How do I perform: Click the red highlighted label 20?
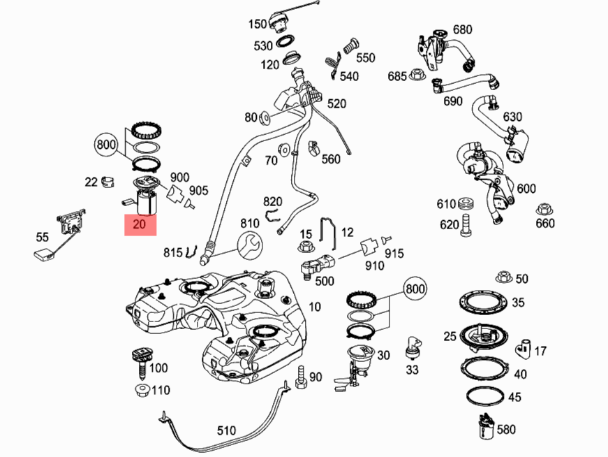pyautogui.click(x=140, y=224)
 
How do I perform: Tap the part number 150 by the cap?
pyautogui.click(x=258, y=24)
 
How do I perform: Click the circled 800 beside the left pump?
pyautogui.click(x=107, y=146)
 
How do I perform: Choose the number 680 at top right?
pyautogui.click(x=463, y=29)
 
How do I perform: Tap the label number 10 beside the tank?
pyautogui.click(x=315, y=307)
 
